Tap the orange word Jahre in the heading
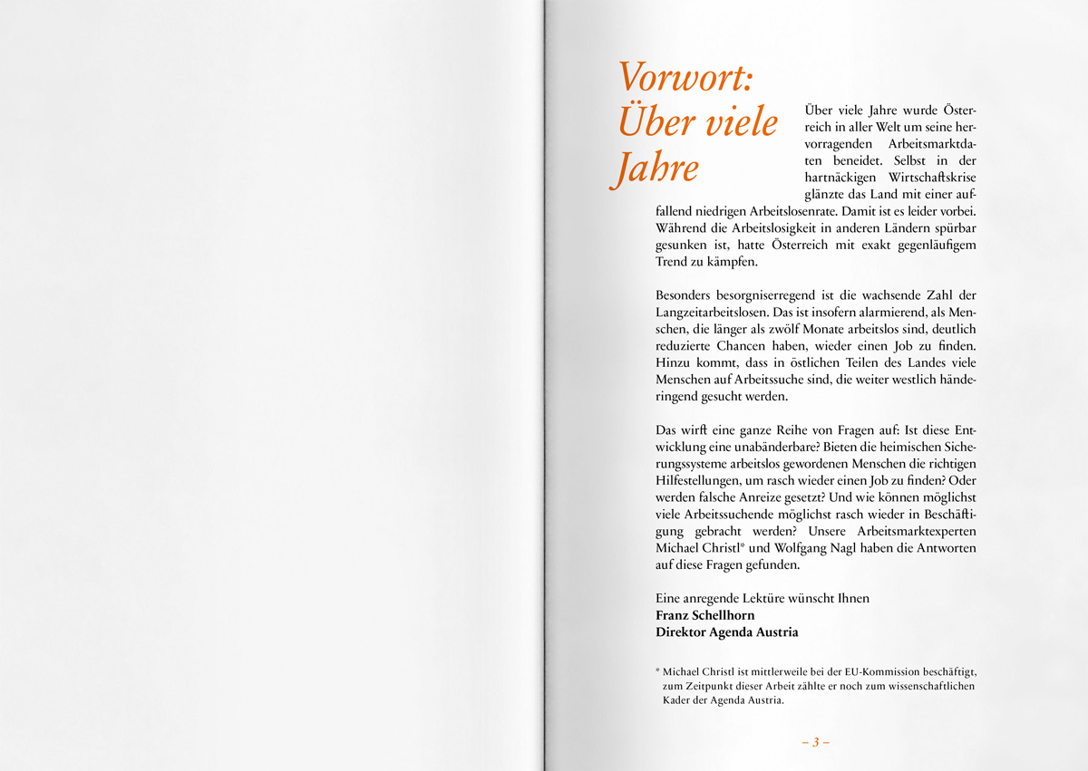[654, 169]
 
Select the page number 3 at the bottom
[815, 742]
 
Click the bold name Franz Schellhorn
[704, 615]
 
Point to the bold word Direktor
[680, 632]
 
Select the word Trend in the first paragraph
[672, 263]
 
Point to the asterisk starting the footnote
[657, 671]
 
